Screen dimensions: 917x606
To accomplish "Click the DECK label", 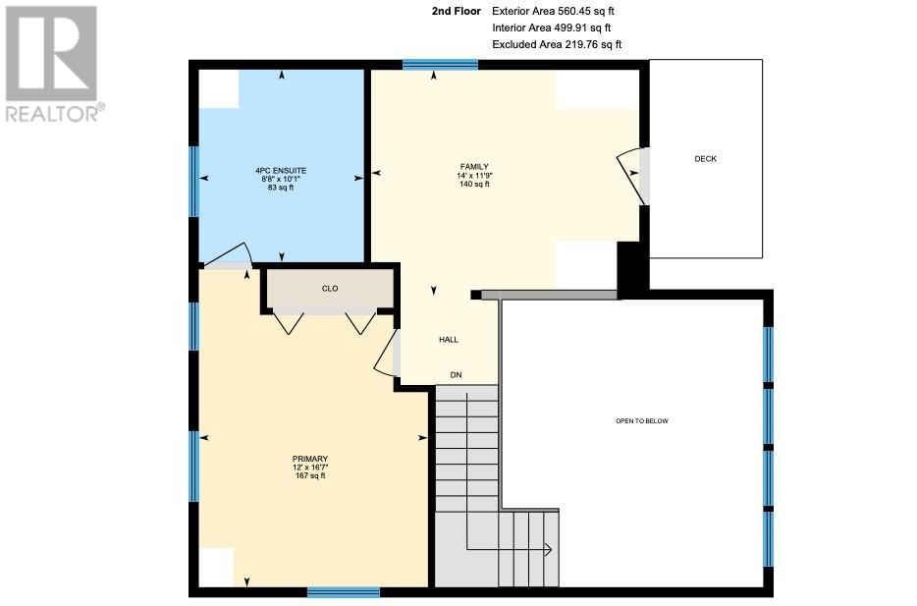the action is coord(705,158).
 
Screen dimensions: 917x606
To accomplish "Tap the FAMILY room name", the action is coord(474,167).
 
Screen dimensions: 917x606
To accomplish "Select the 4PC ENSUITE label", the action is coord(281,171).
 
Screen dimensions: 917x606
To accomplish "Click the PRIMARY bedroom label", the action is coord(310,459).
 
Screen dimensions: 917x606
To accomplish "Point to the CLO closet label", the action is coord(330,289).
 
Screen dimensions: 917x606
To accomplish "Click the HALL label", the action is coord(449,339).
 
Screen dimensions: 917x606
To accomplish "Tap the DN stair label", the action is coord(456,374).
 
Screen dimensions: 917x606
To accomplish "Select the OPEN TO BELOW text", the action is coord(641,420).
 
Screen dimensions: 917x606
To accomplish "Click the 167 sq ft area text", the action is coord(310,475).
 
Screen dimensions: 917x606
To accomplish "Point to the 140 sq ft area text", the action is coord(474,184).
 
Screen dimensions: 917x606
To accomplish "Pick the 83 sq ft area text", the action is coord(281,188).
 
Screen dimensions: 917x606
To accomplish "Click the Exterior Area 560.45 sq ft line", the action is coord(553,11).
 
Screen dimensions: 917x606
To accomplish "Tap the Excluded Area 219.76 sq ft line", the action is coord(557,44).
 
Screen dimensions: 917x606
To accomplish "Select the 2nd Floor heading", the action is coord(457,11).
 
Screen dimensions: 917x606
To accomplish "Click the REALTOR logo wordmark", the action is coord(55,113).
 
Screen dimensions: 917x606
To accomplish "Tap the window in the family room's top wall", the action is coord(441,65).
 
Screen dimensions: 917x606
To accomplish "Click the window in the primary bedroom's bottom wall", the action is coord(344,592).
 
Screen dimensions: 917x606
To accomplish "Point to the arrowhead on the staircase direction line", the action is coord(548,549).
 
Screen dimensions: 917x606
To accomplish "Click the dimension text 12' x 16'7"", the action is coord(310,468).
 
